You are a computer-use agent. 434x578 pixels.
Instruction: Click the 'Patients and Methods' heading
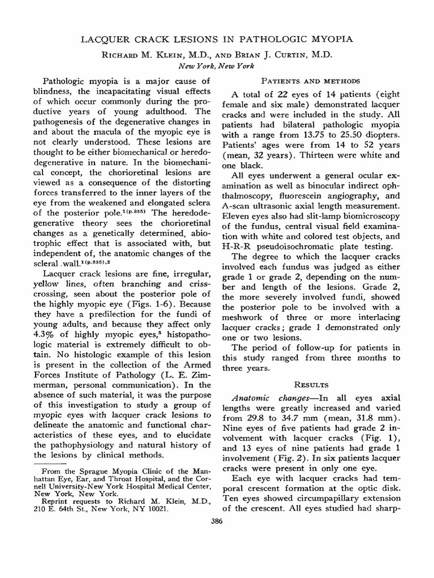(308, 81)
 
